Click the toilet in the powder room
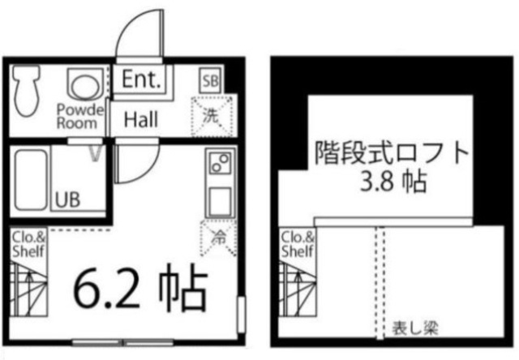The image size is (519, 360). [26, 90]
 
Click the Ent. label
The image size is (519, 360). [141, 79]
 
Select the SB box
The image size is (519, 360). [211, 80]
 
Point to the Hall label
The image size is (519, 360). [140, 119]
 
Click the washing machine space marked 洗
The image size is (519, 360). [212, 116]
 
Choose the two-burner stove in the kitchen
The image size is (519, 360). [221, 162]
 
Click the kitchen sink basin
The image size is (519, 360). [220, 201]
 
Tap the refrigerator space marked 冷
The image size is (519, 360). [218, 238]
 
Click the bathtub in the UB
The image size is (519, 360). [31, 180]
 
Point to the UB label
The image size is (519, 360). [67, 199]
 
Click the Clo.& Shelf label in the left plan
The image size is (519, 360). [28, 244]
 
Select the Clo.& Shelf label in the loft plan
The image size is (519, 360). [298, 244]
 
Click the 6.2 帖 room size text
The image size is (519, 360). [140, 288]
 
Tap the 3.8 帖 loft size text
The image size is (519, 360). [392, 182]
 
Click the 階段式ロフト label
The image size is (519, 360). [392, 152]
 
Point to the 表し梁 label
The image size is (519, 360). [415, 328]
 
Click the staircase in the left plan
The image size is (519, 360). [28, 288]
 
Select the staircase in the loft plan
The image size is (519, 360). [298, 288]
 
